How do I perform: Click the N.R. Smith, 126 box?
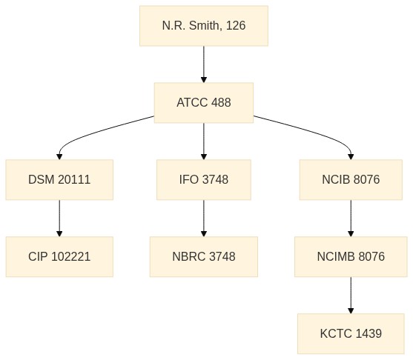pos(204,26)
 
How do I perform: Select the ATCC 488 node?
pos(204,103)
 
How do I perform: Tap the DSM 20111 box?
pos(59,180)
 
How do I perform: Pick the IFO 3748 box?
pos(204,180)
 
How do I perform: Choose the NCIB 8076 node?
pos(351,180)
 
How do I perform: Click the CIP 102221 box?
pos(59,256)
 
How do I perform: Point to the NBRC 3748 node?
pos(204,256)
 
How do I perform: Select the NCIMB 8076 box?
pos(351,256)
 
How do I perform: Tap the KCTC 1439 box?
pos(351,333)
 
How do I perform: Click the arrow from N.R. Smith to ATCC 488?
pos(204,64)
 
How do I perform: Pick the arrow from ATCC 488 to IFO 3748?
pos(204,141)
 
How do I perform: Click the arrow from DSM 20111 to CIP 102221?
pos(59,219)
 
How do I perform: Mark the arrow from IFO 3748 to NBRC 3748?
pos(204,219)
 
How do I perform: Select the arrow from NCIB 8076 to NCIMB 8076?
pos(351,219)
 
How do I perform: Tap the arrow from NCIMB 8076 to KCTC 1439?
pos(351,296)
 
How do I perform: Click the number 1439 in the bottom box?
pos(369,333)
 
